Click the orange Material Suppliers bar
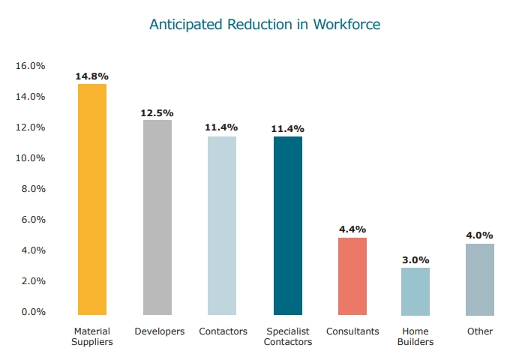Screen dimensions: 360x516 pyautogui.click(x=92, y=199)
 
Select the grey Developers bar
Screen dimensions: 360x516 pyautogui.click(x=157, y=217)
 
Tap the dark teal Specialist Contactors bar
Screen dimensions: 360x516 pyautogui.click(x=288, y=226)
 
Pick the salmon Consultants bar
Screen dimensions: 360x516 pyautogui.click(x=352, y=276)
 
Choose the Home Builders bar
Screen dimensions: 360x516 pyautogui.click(x=415, y=291)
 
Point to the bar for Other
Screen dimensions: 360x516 pyautogui.click(x=480, y=279)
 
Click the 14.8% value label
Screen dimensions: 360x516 pyautogui.click(x=92, y=76)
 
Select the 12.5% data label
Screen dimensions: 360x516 pyautogui.click(x=157, y=112)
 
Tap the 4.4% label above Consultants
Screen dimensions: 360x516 pyautogui.click(x=352, y=229)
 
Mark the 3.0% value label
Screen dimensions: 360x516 pyautogui.click(x=415, y=259)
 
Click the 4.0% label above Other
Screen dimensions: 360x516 pyautogui.click(x=480, y=235)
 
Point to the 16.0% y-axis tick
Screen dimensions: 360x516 pyautogui.click(x=31, y=66)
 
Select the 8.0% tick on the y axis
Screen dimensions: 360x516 pyautogui.click(x=33, y=189)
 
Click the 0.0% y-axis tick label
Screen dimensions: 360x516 pyautogui.click(x=33, y=312)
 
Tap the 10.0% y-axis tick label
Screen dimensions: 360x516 pyautogui.click(x=31, y=158)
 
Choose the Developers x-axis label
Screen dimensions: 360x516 pyautogui.click(x=159, y=331)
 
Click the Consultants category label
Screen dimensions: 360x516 pyautogui.click(x=352, y=331)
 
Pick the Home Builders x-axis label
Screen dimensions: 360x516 pyautogui.click(x=418, y=337)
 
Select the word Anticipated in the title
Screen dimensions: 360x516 pyautogui.click(x=185, y=25)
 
